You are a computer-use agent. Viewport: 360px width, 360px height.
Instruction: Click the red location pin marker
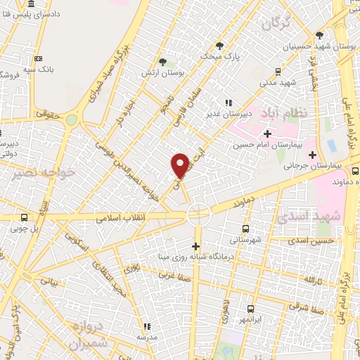click(x=180, y=165)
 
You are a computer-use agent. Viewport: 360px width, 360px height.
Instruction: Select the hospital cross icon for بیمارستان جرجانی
click(x=313, y=154)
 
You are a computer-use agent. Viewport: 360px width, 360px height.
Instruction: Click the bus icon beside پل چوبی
click(x=25, y=217)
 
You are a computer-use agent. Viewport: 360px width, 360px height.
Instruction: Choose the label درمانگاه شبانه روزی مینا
click(x=235, y=257)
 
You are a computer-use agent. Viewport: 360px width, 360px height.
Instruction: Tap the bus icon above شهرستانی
click(x=245, y=229)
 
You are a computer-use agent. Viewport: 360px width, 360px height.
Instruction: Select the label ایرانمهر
click(x=252, y=321)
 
